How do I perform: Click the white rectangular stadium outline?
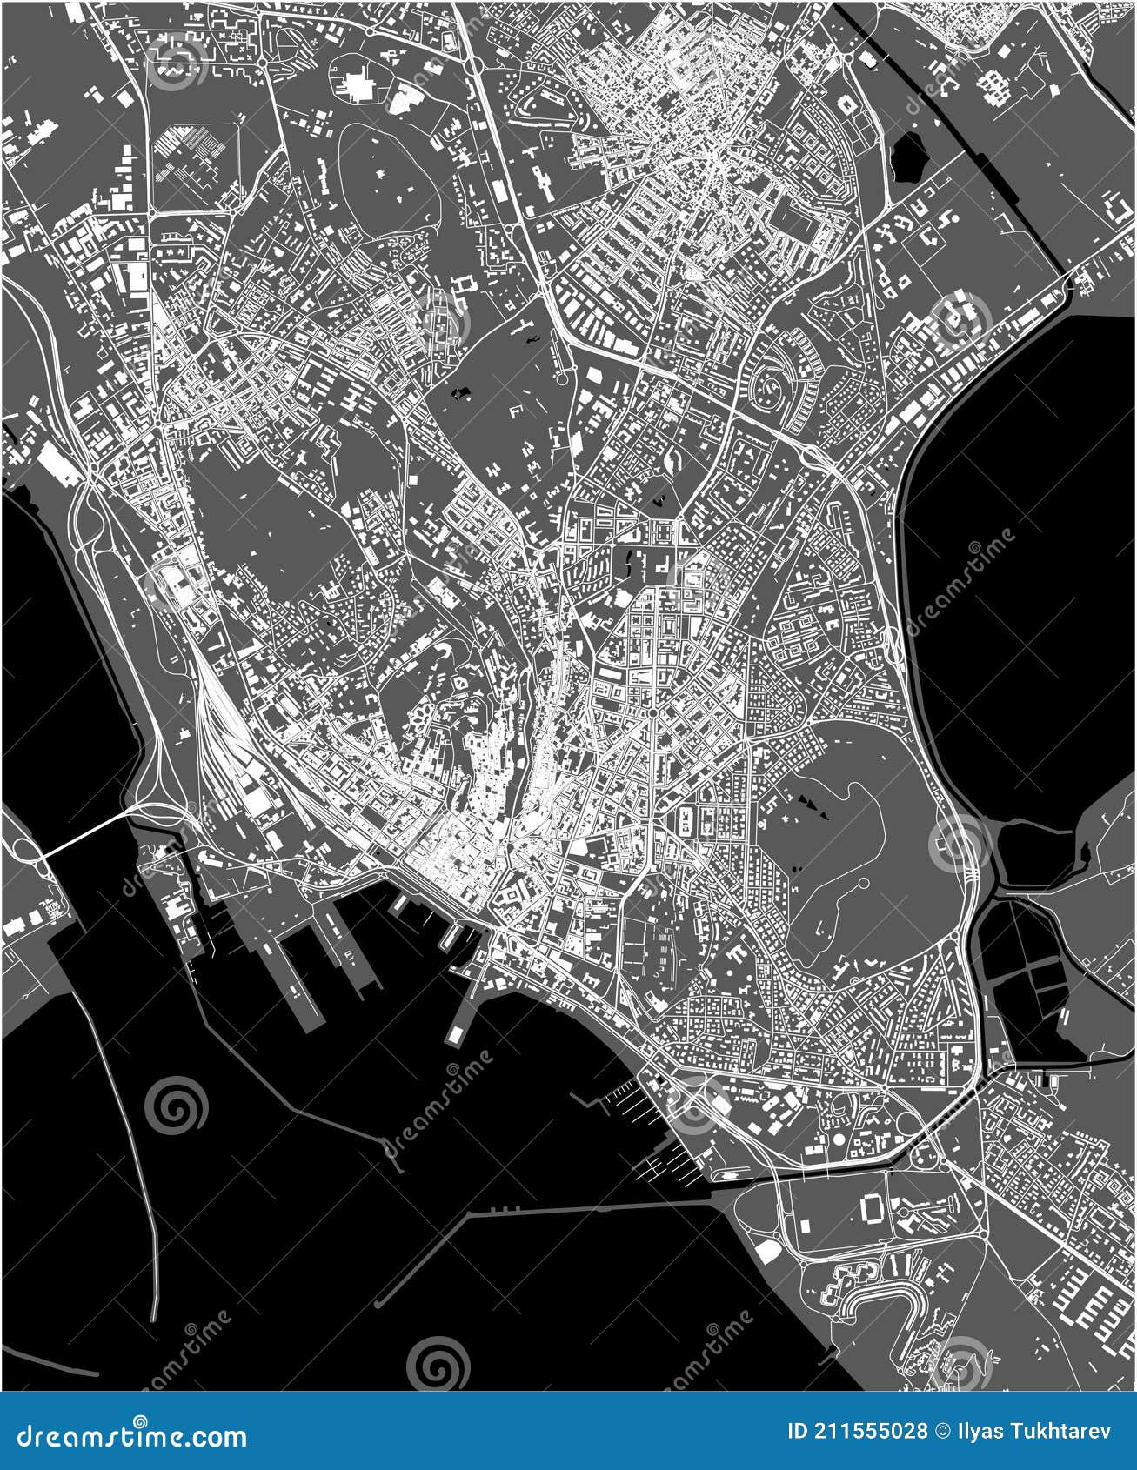872,1207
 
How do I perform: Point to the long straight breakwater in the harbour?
557,1211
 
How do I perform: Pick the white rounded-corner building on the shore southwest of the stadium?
767,1251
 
